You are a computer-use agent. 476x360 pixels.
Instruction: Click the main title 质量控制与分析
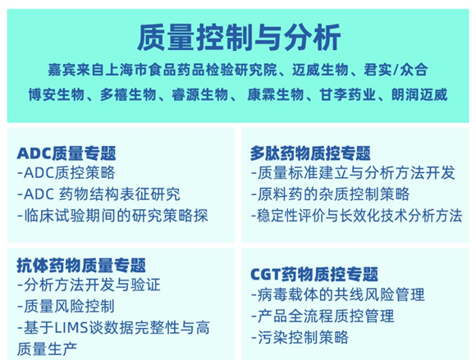[239, 38]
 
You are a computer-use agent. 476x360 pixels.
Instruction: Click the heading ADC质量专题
[66, 153]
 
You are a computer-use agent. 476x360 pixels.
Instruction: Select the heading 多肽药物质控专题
[310, 153]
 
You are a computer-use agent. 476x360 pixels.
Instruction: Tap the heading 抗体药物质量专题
[81, 266]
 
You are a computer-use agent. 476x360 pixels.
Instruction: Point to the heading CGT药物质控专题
[314, 274]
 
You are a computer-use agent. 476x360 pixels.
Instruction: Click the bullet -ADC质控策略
[66, 172]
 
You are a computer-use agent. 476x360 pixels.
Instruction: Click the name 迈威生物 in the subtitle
[320, 70]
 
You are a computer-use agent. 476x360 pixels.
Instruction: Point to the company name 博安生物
[56, 94]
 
